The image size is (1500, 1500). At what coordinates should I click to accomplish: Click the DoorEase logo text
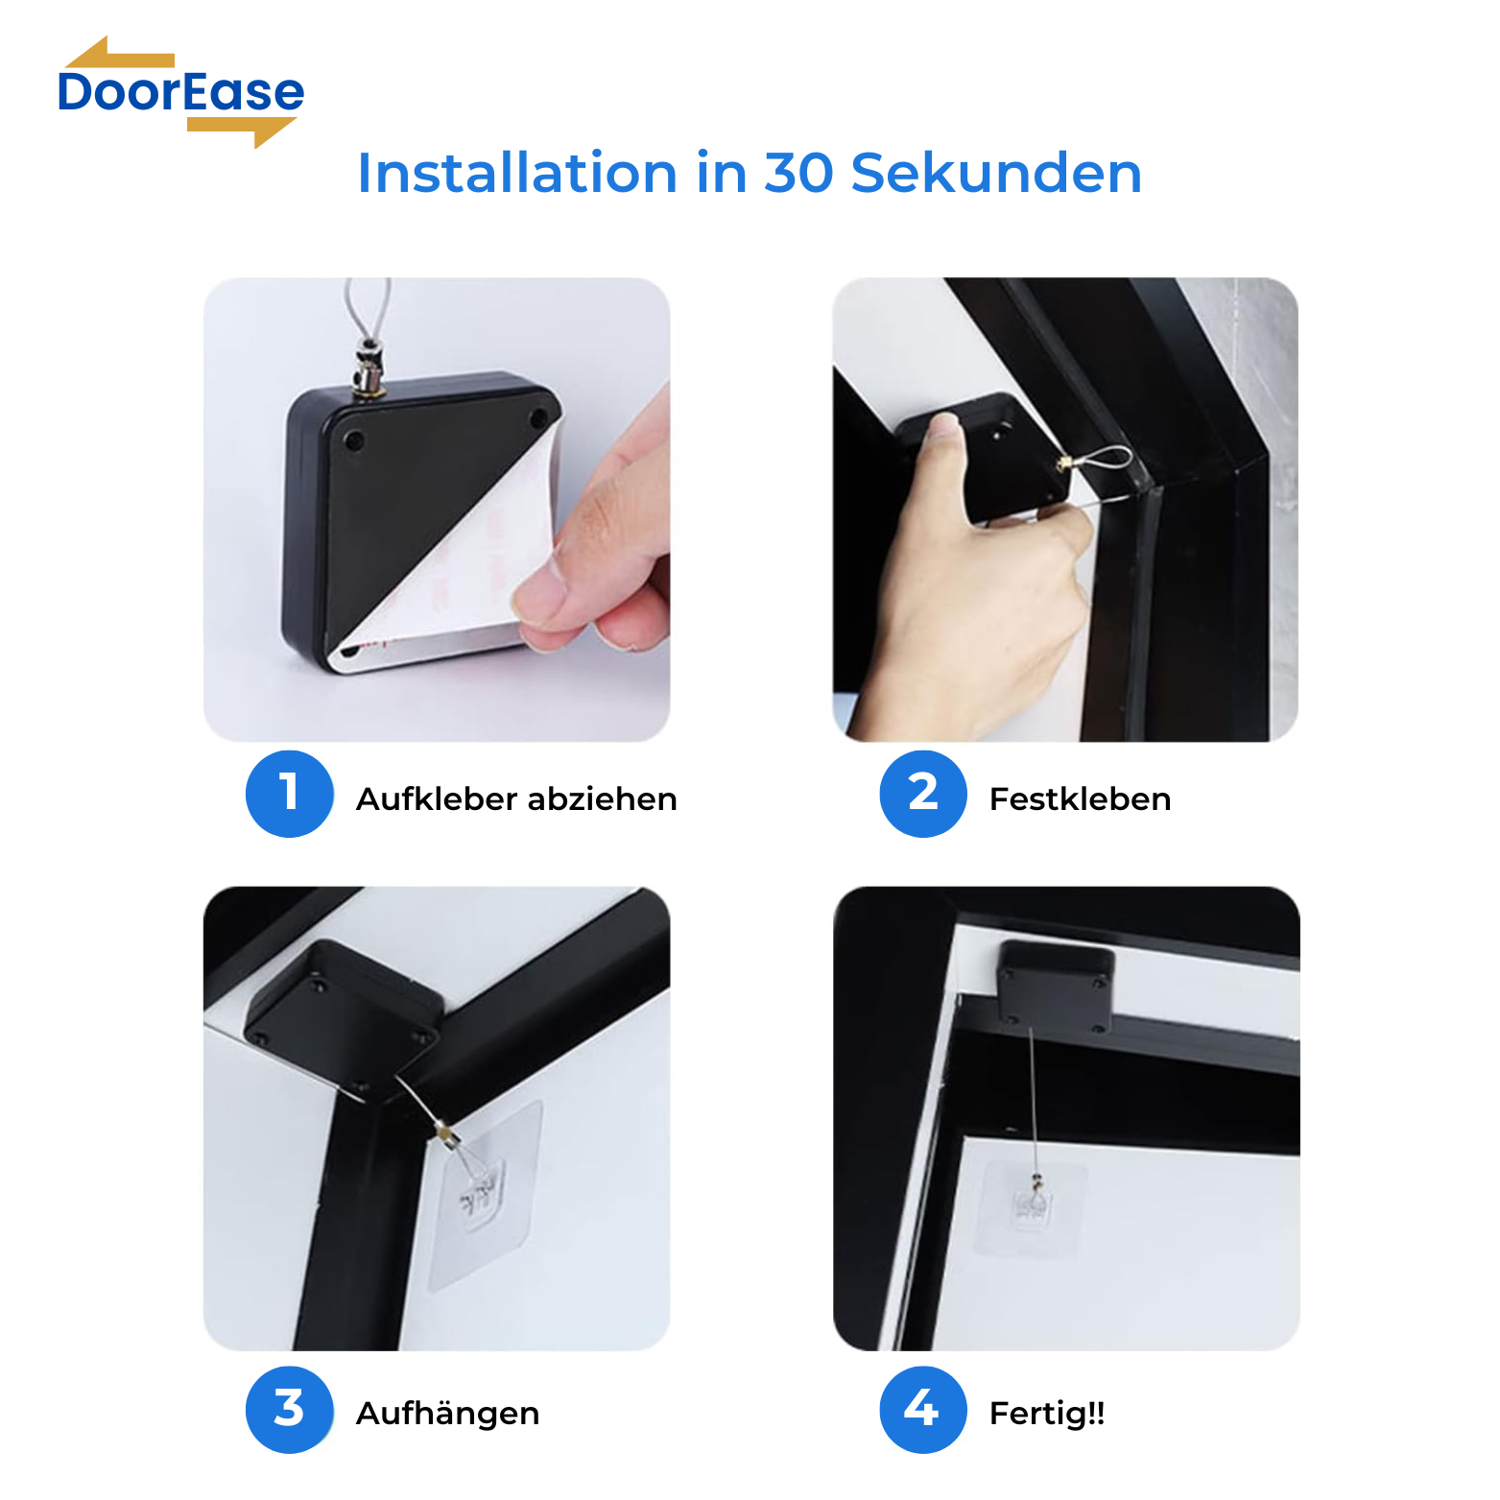coord(181,92)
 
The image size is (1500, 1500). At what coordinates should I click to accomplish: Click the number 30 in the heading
coord(798,173)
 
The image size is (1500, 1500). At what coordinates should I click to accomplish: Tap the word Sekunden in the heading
coord(996,173)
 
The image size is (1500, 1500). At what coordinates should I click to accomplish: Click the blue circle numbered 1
coord(290,794)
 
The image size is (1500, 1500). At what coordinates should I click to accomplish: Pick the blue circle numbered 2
coord(923,794)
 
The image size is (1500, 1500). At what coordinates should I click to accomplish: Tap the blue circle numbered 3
coord(290,1410)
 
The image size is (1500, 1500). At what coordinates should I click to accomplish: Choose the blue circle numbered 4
coord(923,1410)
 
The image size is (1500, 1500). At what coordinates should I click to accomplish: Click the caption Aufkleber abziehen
coord(516,798)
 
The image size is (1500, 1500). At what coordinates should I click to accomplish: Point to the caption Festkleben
coord(1080,798)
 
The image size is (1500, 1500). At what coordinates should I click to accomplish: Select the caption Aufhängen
coord(447,1414)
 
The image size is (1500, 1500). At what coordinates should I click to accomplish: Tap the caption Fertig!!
coord(1047,1413)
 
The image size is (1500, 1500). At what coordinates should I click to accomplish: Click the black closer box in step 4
coord(1056,986)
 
